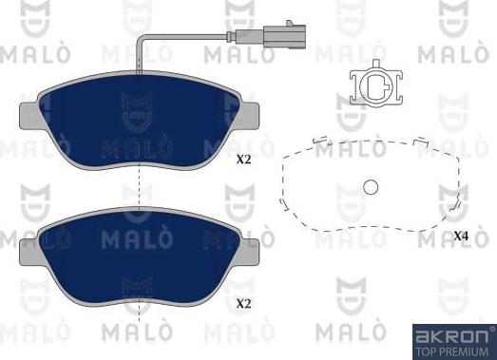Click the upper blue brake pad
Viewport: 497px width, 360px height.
139,119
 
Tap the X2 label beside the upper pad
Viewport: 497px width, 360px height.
243,161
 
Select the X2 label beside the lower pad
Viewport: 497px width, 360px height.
243,304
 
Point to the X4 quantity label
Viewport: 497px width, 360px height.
461,236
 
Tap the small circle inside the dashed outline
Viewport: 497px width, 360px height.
372,187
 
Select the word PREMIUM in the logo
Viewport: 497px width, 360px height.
468,350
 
